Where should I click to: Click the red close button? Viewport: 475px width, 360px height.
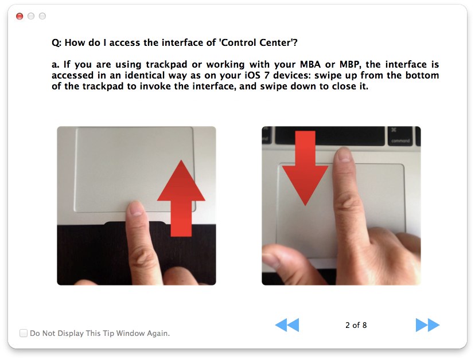(x=20, y=16)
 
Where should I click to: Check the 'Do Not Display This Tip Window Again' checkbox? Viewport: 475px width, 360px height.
(x=24, y=333)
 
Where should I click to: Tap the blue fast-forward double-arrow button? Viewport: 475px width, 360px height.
(x=427, y=325)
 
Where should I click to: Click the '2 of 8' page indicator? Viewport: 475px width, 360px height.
(x=356, y=325)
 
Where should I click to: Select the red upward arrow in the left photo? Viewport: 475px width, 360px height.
(x=181, y=198)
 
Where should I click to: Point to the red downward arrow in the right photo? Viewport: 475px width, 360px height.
(x=305, y=169)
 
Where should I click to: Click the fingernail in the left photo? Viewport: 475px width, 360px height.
(x=136, y=208)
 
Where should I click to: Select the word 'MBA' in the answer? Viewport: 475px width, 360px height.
(x=310, y=64)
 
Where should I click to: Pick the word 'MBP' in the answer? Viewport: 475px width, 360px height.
(x=350, y=64)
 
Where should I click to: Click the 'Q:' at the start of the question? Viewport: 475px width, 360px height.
(x=56, y=42)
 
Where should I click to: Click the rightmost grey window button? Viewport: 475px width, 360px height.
(x=42, y=16)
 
